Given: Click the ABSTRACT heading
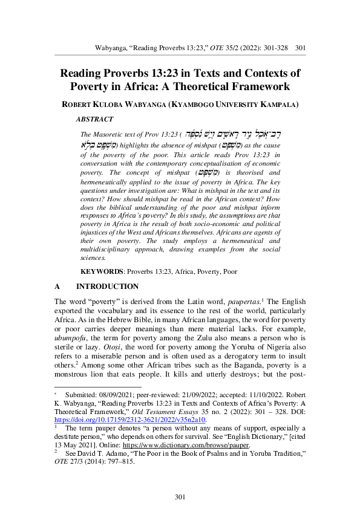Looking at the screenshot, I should tap(94, 120).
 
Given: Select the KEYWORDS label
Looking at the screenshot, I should tap(102, 272).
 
